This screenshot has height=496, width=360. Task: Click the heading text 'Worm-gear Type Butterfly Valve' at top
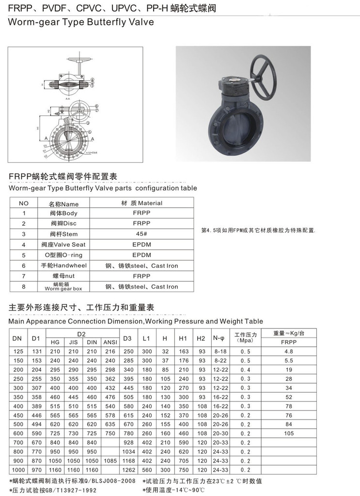click(81, 22)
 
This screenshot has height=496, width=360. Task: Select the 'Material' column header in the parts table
click(141, 203)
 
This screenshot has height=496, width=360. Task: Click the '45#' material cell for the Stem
click(141, 234)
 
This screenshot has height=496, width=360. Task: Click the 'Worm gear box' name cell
click(63, 287)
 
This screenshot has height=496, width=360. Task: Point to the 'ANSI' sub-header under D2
click(110, 342)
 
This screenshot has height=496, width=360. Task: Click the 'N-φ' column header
click(219, 337)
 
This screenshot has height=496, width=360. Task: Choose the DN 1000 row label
click(17, 470)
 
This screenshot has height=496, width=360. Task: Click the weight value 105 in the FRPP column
click(289, 434)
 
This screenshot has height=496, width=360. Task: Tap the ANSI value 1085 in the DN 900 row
click(110, 461)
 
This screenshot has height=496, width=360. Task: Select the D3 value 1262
click(128, 470)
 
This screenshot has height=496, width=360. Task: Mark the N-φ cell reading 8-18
click(220, 351)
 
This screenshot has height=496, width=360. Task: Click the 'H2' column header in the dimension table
click(202, 338)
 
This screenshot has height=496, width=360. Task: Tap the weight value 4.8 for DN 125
click(289, 351)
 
